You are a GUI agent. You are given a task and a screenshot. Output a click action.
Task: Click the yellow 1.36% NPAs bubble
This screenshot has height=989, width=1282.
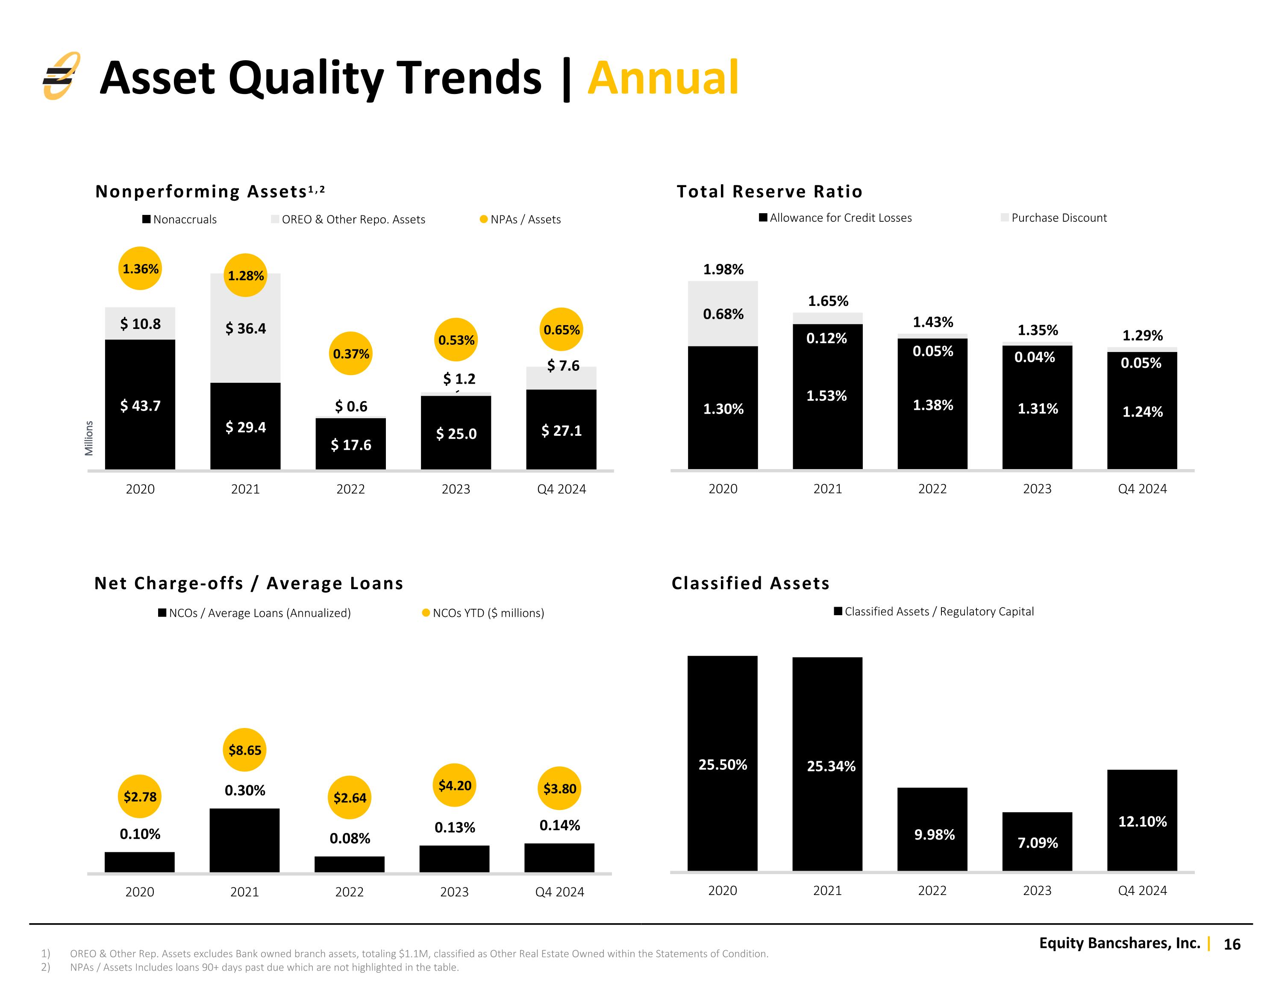coord(140,268)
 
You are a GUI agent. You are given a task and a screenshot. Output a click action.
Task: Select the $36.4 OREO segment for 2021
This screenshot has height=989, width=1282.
coord(245,328)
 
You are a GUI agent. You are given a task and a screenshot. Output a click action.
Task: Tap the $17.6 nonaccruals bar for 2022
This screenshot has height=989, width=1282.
coord(350,444)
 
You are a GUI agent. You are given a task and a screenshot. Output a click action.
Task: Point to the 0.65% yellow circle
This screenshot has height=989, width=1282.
coord(561,329)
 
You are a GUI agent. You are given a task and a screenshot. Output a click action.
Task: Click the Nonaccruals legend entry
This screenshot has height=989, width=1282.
coord(179,220)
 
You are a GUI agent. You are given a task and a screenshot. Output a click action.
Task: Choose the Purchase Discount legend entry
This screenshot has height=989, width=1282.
coord(1054,218)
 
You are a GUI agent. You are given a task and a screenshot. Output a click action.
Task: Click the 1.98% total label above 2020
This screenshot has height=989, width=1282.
coord(723,270)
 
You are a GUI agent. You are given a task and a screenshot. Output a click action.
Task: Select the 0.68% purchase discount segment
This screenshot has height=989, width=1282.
coord(723,314)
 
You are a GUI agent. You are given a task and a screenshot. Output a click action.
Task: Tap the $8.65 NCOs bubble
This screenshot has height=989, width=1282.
coord(245,750)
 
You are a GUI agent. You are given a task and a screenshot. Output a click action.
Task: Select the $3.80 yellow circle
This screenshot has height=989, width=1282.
coord(559,788)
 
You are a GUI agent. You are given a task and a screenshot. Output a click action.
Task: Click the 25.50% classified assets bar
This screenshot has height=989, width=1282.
coord(723,763)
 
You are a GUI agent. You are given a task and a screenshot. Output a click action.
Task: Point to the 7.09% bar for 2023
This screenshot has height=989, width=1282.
coord(1037,842)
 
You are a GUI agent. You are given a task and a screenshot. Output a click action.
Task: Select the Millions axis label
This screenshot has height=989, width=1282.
coord(89,438)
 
